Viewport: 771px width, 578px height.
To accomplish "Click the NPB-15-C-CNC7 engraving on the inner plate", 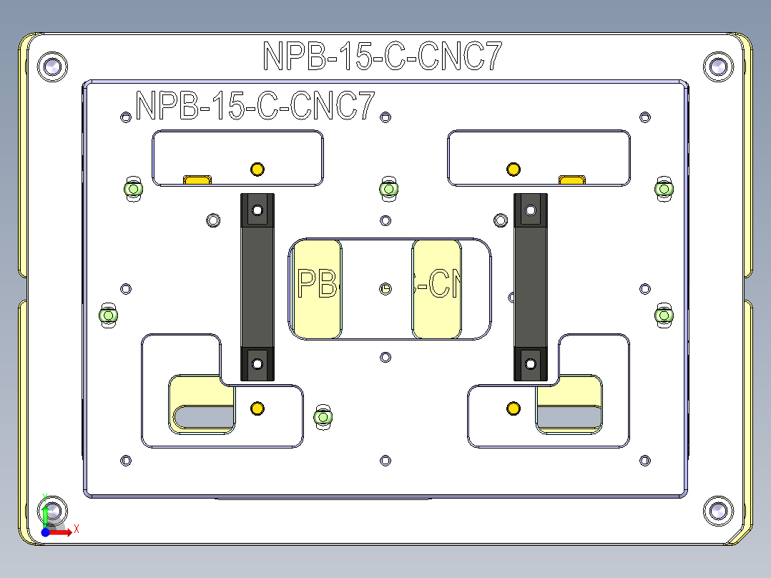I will point(255,106).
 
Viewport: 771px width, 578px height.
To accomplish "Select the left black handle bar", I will point(257,286).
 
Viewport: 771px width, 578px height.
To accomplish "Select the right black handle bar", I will point(531,286).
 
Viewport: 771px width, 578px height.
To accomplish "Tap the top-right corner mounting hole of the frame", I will point(718,67).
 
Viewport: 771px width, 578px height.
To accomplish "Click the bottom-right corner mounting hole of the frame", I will point(718,509).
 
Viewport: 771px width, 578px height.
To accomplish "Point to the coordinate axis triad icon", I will point(51,521).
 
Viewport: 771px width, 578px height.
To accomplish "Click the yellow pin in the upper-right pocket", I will point(513,170).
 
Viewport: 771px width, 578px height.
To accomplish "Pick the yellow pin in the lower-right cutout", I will point(513,408).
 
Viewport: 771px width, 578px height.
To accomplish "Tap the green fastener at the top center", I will point(388,188).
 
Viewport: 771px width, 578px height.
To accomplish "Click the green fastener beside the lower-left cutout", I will point(323,416).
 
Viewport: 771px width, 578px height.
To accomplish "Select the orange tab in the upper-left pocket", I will point(198,180).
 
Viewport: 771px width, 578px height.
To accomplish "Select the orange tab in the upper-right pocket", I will point(572,179).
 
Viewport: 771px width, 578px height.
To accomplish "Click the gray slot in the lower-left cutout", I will point(204,416).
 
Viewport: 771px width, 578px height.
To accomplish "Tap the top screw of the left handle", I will point(257,211).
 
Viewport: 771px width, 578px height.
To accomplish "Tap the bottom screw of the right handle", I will point(531,363).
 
